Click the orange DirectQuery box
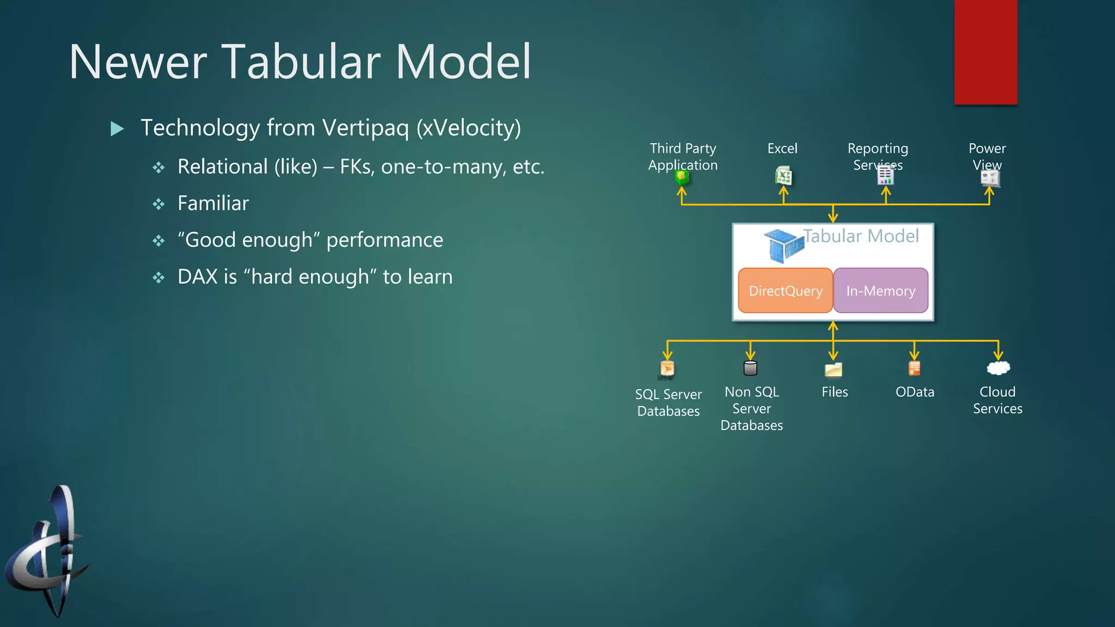[x=785, y=291]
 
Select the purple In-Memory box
[x=880, y=291]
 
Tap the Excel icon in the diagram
[x=783, y=176]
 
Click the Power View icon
[x=990, y=178]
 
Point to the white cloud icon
[x=998, y=368]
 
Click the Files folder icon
[x=833, y=370]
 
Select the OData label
[x=915, y=392]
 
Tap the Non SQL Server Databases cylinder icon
[x=750, y=368]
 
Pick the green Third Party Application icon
[x=682, y=177]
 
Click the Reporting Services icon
[x=885, y=175]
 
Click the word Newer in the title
[x=137, y=62]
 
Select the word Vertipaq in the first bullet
[x=365, y=128]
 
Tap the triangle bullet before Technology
[x=117, y=129]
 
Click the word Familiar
[x=213, y=204]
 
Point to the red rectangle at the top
[x=985, y=52]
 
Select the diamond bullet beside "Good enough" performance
[x=158, y=241]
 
